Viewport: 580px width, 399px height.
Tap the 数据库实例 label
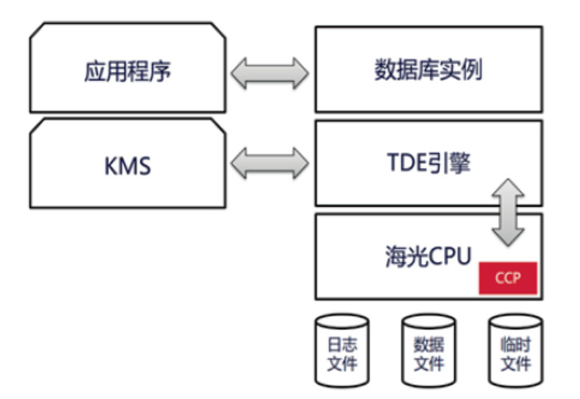tap(428, 70)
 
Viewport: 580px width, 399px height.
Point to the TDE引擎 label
tap(428, 163)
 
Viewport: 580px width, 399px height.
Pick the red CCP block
tap(507, 278)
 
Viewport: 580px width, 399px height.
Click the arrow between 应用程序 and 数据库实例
tap(269, 73)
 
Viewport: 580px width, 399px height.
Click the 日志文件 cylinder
tap(341, 351)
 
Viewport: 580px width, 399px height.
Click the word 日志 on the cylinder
tap(341, 343)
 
